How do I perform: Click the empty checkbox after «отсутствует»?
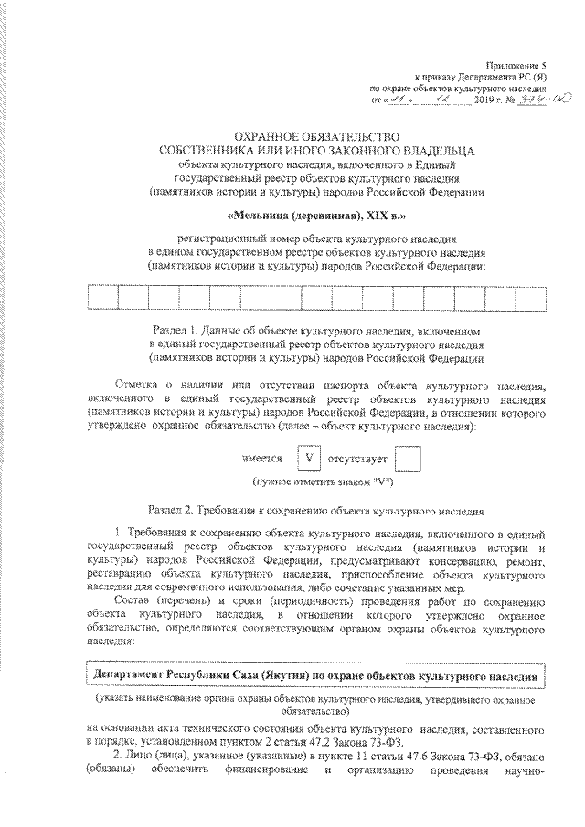(409, 455)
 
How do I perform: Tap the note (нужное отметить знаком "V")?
(317, 481)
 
